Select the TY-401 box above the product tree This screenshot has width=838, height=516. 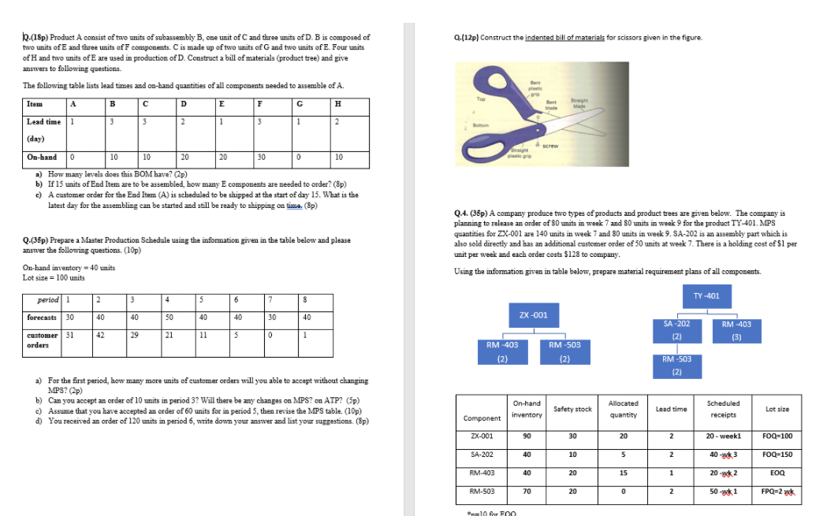tap(701, 296)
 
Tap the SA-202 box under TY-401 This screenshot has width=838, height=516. tap(676, 330)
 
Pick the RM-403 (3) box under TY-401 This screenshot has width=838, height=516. tap(736, 330)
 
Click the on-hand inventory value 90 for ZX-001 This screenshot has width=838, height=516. tap(526, 436)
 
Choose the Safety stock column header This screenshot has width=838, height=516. tap(572, 409)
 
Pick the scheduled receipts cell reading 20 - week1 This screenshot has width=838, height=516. tap(724, 436)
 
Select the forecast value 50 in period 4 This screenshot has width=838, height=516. tap(169, 317)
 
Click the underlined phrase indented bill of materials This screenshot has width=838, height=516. tap(562, 37)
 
